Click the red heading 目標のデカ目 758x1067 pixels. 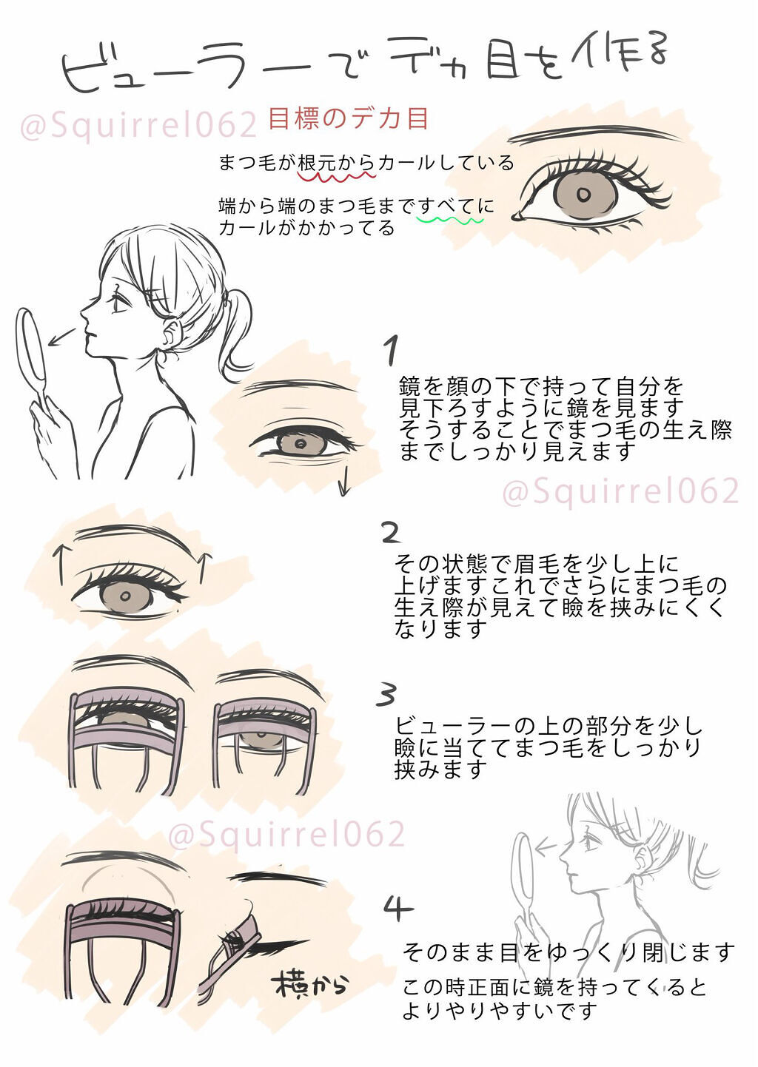pyautogui.click(x=348, y=118)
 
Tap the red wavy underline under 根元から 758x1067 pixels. pyautogui.click(x=337, y=177)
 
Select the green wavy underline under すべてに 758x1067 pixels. pyautogui.click(x=450, y=220)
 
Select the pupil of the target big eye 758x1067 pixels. pyautogui.click(x=583, y=195)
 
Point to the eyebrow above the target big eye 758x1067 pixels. pyautogui.click(x=592, y=134)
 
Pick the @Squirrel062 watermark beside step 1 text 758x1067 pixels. pyautogui.click(x=620, y=491)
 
